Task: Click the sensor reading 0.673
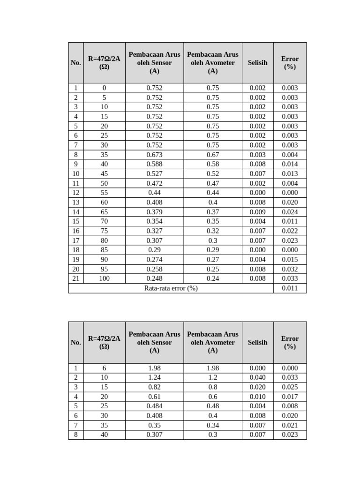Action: tap(154, 155)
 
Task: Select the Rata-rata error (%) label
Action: tap(171, 288)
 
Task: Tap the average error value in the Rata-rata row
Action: tap(290, 288)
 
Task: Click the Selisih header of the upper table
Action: tap(257, 63)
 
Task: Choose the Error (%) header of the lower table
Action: tap(290, 343)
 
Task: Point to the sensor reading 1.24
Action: tap(154, 377)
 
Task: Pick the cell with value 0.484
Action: tap(154, 406)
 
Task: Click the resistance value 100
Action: tap(104, 278)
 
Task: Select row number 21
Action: tap(76, 278)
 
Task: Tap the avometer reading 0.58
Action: tap(213, 164)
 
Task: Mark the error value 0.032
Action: tap(290, 269)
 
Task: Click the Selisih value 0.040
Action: tap(257, 377)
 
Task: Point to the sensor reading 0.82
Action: tap(154, 387)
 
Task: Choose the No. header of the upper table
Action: tap(76, 63)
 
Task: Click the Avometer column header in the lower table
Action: tap(213, 343)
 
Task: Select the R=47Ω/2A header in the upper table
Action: tap(104, 63)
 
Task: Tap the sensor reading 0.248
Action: tap(154, 278)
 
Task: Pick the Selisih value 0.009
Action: tap(257, 212)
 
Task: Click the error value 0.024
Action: tap(290, 212)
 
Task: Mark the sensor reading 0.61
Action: tap(154, 397)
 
